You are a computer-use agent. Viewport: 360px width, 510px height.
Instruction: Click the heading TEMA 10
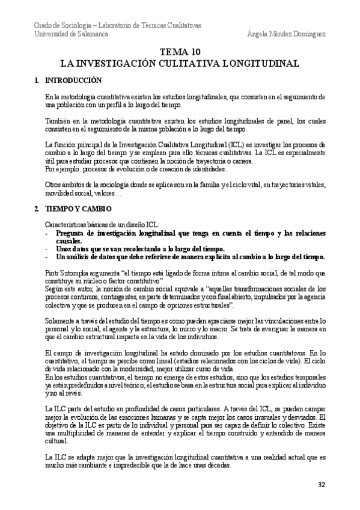click(x=180, y=53)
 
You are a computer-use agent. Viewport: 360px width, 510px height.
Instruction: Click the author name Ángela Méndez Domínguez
click(x=286, y=34)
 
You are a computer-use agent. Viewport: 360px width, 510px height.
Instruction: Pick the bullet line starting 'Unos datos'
click(x=141, y=249)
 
